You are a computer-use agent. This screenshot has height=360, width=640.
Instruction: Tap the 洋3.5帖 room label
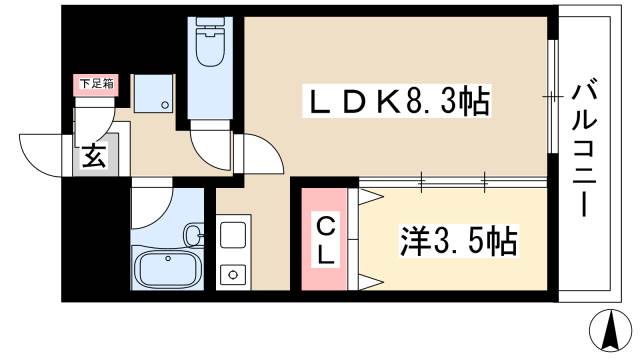point(458,240)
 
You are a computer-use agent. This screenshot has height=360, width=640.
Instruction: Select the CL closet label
point(326,241)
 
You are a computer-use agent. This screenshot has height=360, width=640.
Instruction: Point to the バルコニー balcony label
point(584,150)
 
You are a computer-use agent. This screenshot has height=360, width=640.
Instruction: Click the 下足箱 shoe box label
point(96,84)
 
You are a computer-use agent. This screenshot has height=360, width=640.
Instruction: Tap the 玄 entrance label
point(94,156)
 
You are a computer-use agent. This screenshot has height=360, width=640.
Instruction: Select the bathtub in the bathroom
point(168,269)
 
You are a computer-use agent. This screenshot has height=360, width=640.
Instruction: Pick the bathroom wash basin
point(193,236)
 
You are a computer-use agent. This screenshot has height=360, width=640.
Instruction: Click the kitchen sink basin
point(233,237)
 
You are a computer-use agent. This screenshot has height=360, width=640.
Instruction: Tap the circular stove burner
point(233,275)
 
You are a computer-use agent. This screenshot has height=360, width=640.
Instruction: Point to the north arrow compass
point(611,331)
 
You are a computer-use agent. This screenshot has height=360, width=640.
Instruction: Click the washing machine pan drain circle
point(165,105)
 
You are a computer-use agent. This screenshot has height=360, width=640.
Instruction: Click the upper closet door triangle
point(371,198)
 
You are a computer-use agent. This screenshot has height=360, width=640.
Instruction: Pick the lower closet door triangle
point(371,282)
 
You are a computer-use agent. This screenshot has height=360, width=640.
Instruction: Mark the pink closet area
point(324,239)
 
